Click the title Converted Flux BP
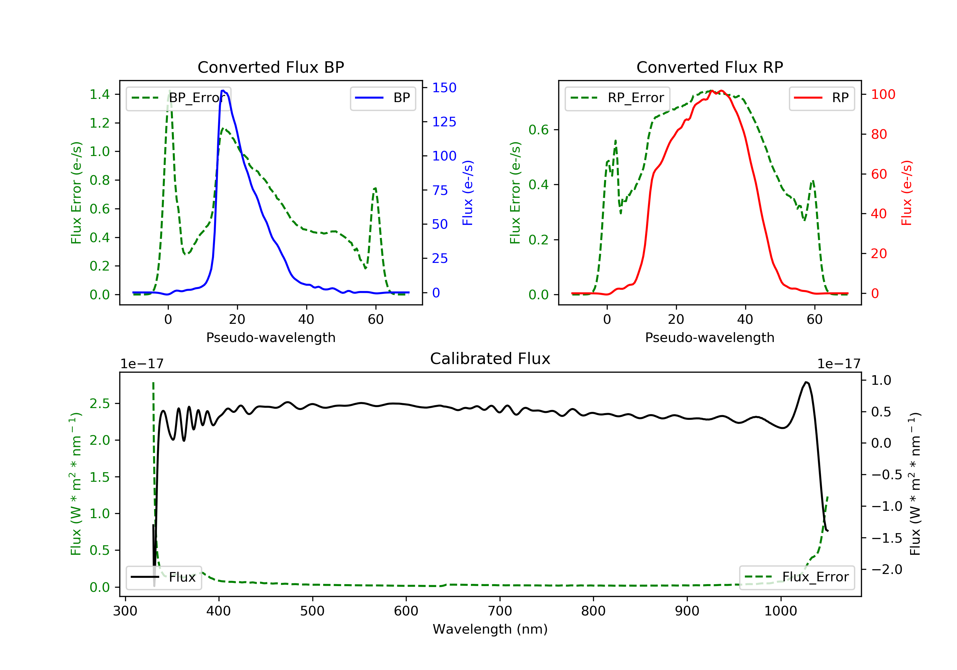click(x=271, y=67)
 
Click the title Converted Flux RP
click(x=710, y=67)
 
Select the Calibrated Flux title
click(x=490, y=359)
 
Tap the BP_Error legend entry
click(x=178, y=98)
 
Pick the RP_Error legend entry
click(x=617, y=98)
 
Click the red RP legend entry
click(x=821, y=98)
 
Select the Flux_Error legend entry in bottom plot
click(x=797, y=577)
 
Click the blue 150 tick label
click(x=444, y=87)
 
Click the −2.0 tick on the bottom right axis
click(x=887, y=569)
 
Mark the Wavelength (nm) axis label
click(x=490, y=629)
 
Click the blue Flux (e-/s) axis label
click(x=468, y=193)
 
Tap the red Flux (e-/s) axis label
click(x=907, y=193)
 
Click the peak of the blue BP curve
click(x=223, y=91)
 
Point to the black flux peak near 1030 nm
click(x=806, y=382)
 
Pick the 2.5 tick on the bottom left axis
click(x=100, y=404)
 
